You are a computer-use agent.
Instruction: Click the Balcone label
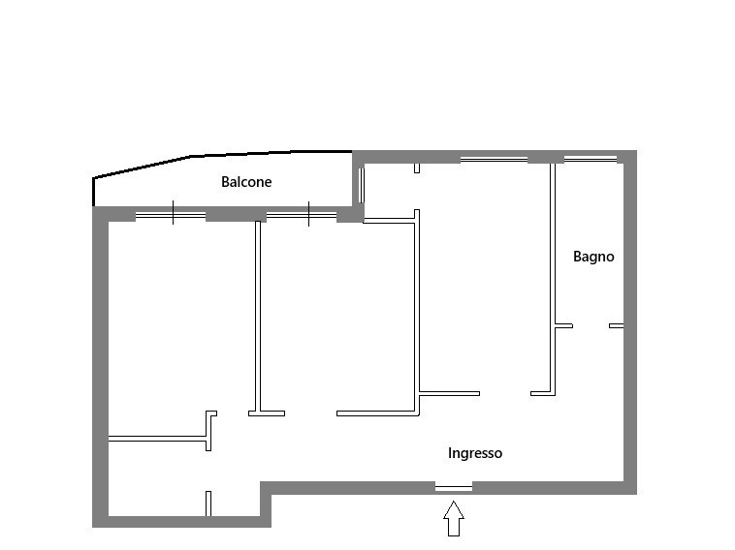click(x=246, y=182)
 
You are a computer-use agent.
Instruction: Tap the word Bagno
click(x=593, y=257)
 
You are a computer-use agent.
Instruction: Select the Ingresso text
click(x=475, y=453)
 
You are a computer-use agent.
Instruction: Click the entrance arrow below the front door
click(x=454, y=518)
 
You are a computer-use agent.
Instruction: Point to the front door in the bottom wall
click(x=454, y=488)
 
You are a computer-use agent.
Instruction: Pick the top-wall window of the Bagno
click(x=591, y=159)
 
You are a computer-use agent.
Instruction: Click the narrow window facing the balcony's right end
click(x=362, y=185)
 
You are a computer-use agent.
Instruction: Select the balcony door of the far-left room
click(x=171, y=215)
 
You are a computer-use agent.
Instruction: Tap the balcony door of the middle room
click(x=302, y=215)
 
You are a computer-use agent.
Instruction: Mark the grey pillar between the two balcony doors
click(x=237, y=214)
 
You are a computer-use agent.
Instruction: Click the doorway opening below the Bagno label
click(x=591, y=325)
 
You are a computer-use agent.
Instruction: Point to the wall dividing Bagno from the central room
click(x=553, y=280)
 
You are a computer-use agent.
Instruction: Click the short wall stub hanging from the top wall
click(x=417, y=168)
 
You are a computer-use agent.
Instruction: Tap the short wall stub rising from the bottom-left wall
click(x=208, y=504)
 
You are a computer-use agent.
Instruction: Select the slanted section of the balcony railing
click(x=142, y=168)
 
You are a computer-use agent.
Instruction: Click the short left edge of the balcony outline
click(x=94, y=192)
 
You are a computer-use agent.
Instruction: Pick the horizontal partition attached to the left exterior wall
click(x=157, y=439)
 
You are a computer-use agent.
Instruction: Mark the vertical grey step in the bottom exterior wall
click(x=266, y=504)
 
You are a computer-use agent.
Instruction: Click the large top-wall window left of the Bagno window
click(x=495, y=160)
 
